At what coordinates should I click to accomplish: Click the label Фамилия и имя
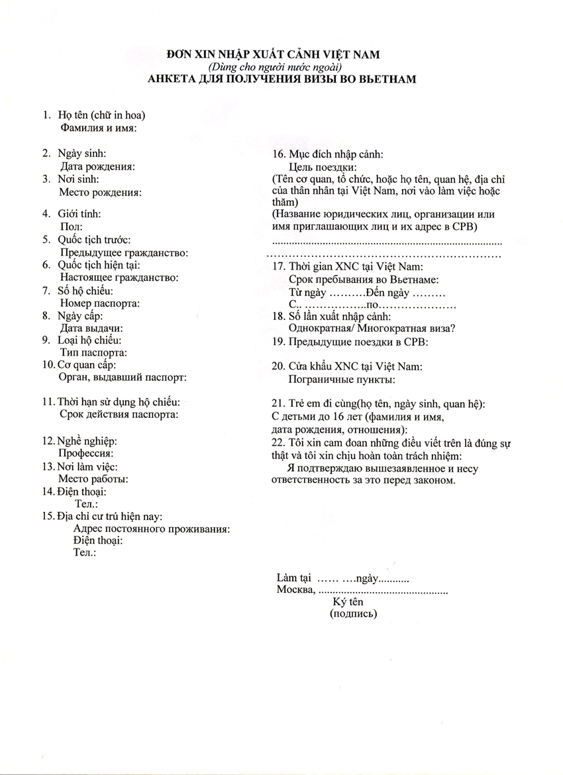coord(98,128)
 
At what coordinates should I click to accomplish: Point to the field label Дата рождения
coord(97,166)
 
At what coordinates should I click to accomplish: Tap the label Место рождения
coord(101,192)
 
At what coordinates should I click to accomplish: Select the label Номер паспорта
coord(99,303)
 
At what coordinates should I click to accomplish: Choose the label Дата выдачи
coord(91,328)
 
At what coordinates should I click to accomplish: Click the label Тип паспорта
coord(93,353)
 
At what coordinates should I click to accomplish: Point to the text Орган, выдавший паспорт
coord(123,377)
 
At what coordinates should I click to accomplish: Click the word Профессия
coord(85,454)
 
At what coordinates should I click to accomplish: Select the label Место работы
coord(93,479)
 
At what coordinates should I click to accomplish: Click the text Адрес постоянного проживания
coord(152,529)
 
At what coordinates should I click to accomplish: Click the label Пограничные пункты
coord(342,380)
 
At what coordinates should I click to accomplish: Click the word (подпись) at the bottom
coord(353,614)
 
